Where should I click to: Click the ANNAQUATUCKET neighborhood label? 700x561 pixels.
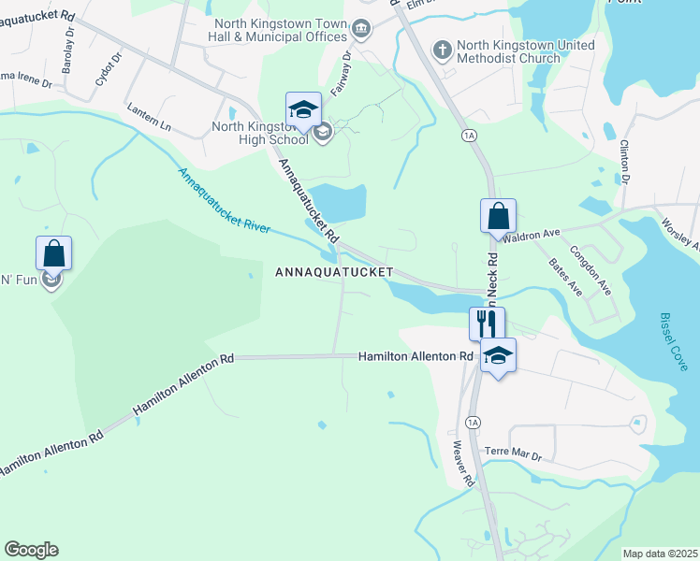(x=332, y=272)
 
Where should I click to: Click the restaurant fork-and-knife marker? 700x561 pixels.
(x=487, y=324)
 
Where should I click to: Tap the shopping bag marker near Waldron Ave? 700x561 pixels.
(x=499, y=216)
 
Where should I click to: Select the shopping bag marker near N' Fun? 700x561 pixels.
(x=53, y=253)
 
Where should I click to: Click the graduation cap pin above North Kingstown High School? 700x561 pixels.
(x=303, y=110)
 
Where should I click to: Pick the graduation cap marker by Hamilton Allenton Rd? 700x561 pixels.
(x=498, y=355)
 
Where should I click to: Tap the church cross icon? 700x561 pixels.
(x=442, y=49)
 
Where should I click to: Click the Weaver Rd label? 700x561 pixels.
(x=463, y=464)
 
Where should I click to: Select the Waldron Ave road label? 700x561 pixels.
(x=531, y=235)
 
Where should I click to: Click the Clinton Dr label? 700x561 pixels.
(x=625, y=160)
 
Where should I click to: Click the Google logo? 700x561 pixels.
(x=31, y=550)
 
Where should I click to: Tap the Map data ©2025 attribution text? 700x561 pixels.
(x=659, y=554)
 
